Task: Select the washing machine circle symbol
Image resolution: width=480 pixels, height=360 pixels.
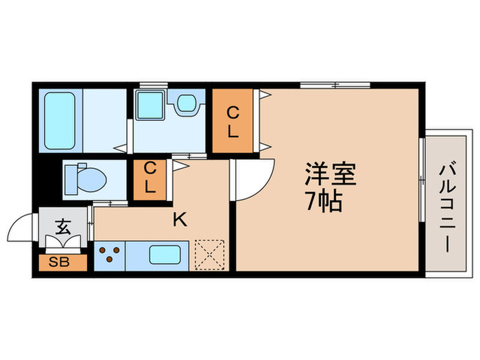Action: coord(186,104)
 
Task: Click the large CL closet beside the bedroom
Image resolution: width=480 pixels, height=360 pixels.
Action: coord(233,121)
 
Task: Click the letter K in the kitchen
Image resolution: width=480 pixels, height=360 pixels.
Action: coord(180,219)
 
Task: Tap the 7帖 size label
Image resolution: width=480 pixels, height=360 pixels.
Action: coord(325,203)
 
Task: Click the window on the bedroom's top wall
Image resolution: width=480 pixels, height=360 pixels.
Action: coord(335,86)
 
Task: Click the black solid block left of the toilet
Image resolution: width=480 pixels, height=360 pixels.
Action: coord(47,180)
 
